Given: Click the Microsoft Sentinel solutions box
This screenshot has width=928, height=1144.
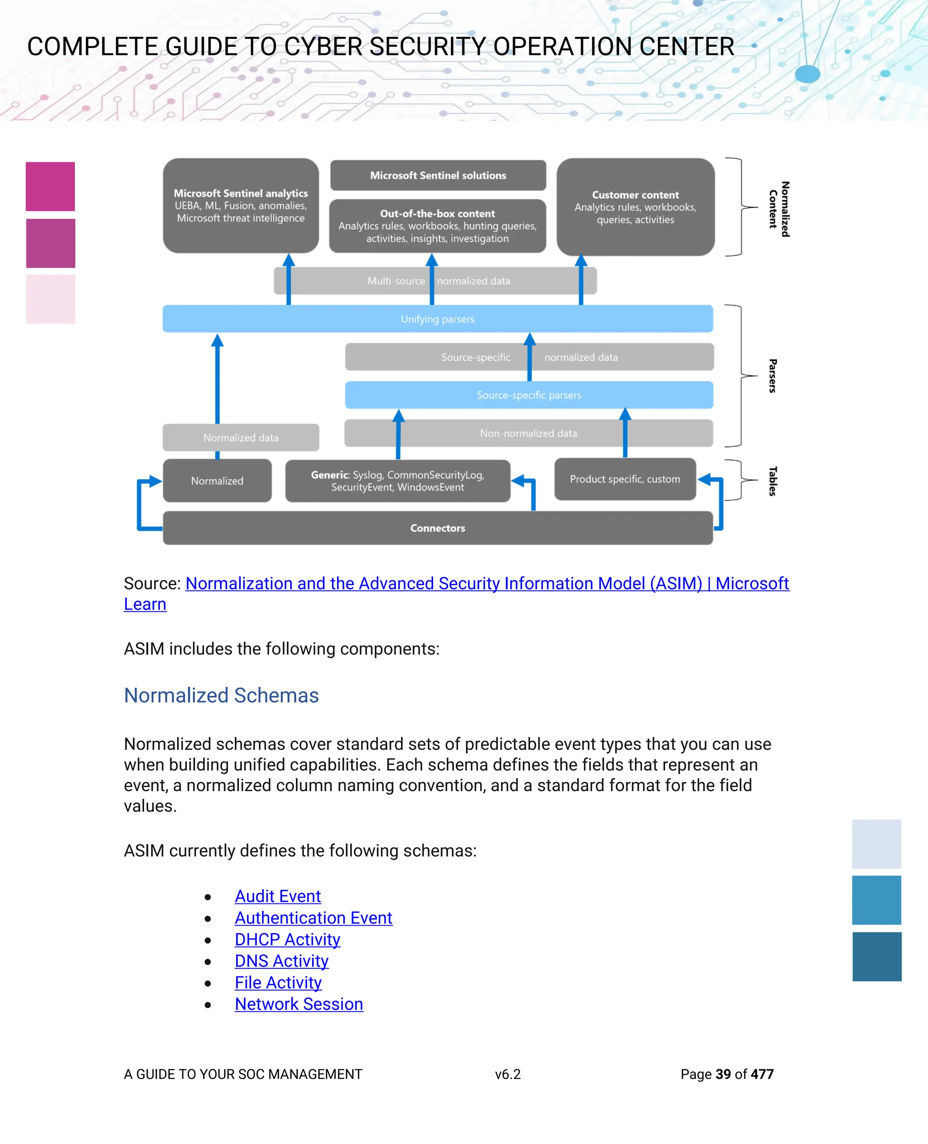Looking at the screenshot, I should click(x=438, y=175).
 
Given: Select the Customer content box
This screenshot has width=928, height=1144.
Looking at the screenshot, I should click(x=635, y=207).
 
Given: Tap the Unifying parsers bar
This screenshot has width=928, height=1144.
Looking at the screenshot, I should click(x=437, y=319).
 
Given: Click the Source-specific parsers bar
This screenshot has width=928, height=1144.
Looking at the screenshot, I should click(x=529, y=395).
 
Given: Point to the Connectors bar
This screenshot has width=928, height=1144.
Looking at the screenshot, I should click(x=437, y=528).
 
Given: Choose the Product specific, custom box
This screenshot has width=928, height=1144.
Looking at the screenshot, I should click(x=624, y=479).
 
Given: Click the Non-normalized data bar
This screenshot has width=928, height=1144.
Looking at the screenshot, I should click(x=528, y=433).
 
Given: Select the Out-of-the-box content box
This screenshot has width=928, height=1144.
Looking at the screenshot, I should click(x=437, y=226).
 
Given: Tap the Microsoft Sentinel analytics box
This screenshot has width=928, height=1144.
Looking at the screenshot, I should click(x=241, y=206).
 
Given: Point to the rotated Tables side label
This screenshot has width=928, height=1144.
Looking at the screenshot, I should click(x=773, y=481).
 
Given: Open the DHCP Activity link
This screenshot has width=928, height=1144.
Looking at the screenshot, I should click(x=287, y=939).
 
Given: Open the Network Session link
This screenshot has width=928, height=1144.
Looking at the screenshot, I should click(x=299, y=1004).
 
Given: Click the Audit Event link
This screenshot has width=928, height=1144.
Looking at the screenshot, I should click(x=277, y=896).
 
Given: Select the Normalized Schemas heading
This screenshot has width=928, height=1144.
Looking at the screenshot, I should click(x=221, y=695).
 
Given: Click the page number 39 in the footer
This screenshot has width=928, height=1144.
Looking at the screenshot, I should click(x=723, y=1074).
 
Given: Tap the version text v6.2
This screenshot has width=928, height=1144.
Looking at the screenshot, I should click(x=507, y=1074).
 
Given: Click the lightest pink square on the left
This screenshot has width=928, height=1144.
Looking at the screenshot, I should click(x=51, y=299).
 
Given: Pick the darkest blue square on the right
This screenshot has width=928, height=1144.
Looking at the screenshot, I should click(x=877, y=957).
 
